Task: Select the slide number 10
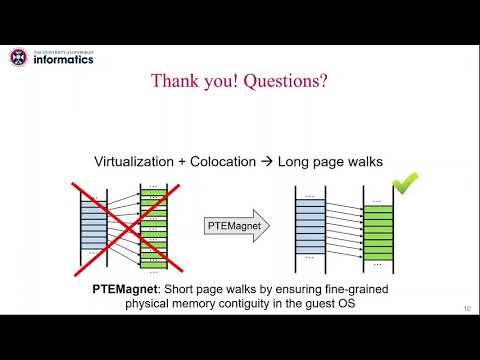click(x=466, y=307)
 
